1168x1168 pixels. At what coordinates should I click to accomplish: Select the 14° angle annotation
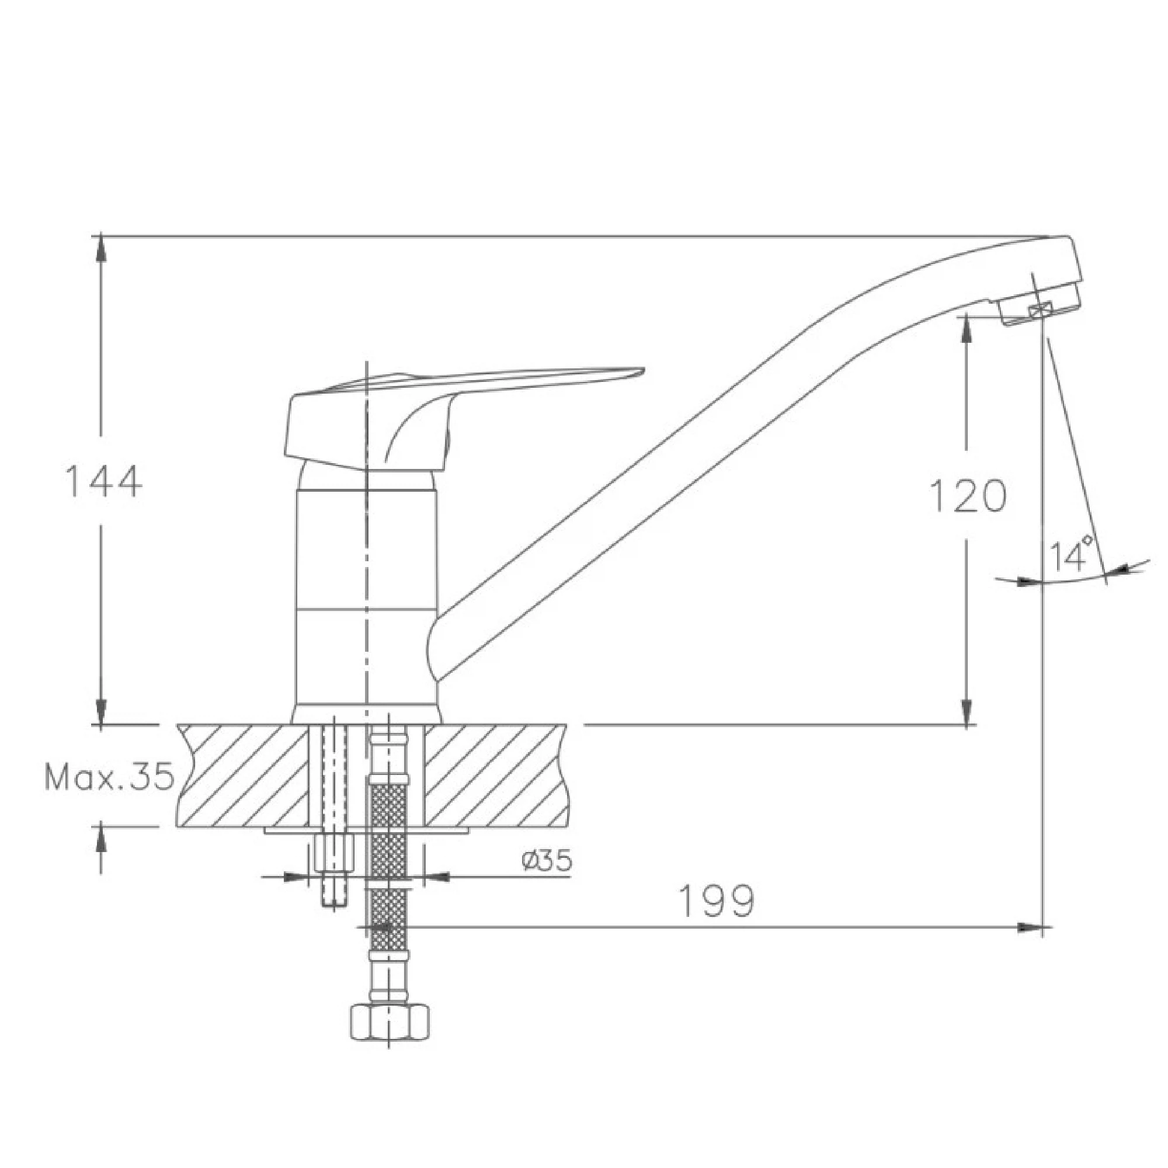(1070, 552)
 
